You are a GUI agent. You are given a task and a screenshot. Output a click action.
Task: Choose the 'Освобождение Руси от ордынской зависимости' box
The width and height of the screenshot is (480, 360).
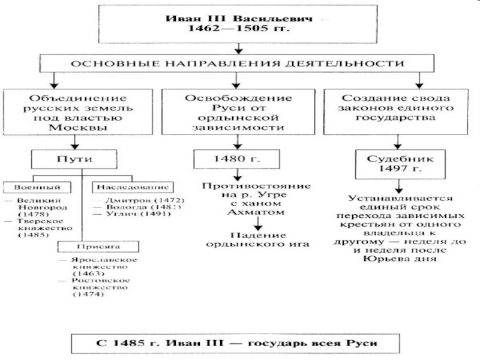(x=239, y=112)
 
